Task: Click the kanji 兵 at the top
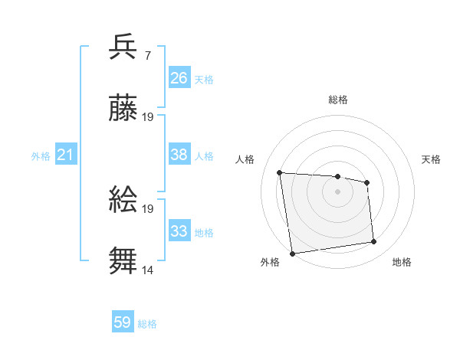click(123, 47)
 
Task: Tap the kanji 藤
click(123, 109)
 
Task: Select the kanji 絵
click(123, 200)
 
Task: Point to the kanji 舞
click(123, 261)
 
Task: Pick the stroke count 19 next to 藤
click(149, 117)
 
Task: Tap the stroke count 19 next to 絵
click(149, 208)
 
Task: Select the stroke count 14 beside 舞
click(149, 270)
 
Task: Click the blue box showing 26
click(179, 78)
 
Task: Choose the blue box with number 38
click(179, 155)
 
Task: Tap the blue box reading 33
click(179, 231)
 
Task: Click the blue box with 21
click(66, 155)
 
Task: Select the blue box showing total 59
click(123, 322)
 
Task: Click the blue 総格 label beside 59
click(148, 324)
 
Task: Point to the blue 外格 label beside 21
click(41, 156)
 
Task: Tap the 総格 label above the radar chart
click(338, 100)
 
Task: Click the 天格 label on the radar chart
click(432, 159)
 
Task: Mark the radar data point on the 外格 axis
click(292, 253)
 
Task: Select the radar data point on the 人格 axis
click(280, 172)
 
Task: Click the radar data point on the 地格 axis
click(374, 242)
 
